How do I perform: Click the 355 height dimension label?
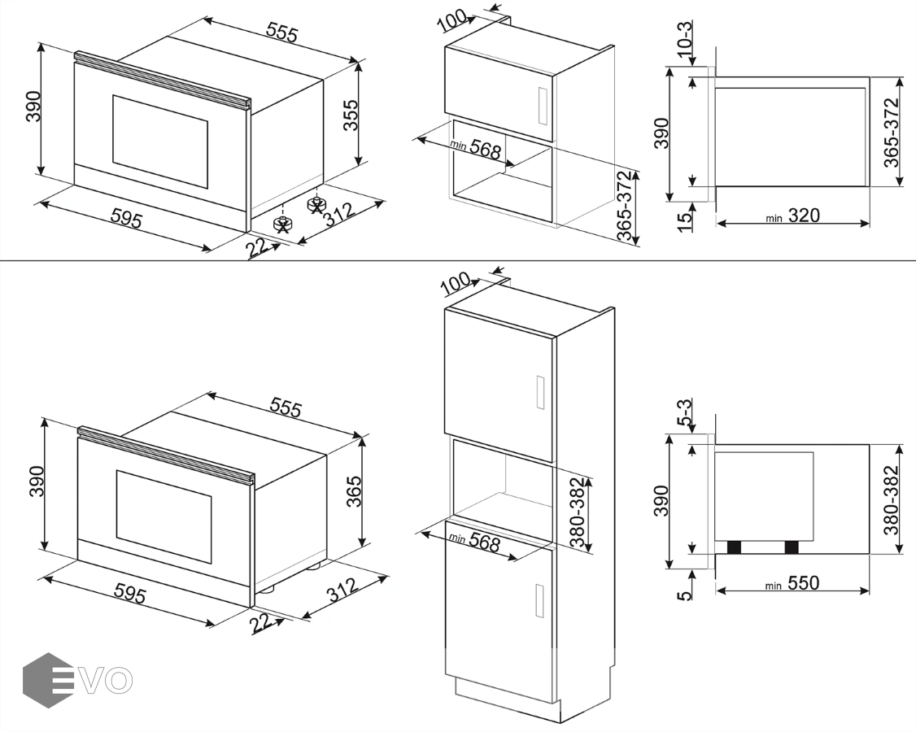[x=350, y=115]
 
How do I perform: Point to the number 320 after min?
[x=804, y=216]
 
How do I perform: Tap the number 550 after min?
[x=804, y=582]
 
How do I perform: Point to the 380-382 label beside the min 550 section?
[x=890, y=500]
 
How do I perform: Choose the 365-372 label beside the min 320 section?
[x=891, y=133]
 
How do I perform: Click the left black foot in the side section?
[x=734, y=547]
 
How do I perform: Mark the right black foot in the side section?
[x=792, y=547]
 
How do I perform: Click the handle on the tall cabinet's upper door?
[x=540, y=392]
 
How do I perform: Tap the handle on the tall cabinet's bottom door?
[x=540, y=600]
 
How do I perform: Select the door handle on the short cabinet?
[x=542, y=106]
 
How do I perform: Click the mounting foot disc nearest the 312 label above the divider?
[x=316, y=204]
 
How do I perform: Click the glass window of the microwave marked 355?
[x=160, y=142]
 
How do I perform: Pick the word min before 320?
[x=774, y=219]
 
